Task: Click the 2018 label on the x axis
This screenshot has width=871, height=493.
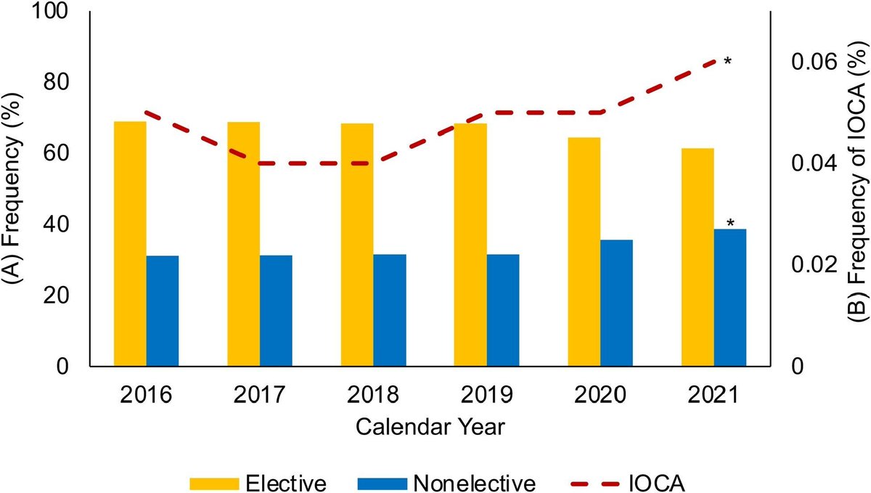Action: (x=373, y=396)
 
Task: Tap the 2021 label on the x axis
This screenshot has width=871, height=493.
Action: (x=713, y=396)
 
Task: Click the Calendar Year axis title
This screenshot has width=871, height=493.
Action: (x=430, y=426)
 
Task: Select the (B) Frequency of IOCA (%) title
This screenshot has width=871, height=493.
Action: (x=857, y=187)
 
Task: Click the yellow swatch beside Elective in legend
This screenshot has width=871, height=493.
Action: (x=214, y=484)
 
